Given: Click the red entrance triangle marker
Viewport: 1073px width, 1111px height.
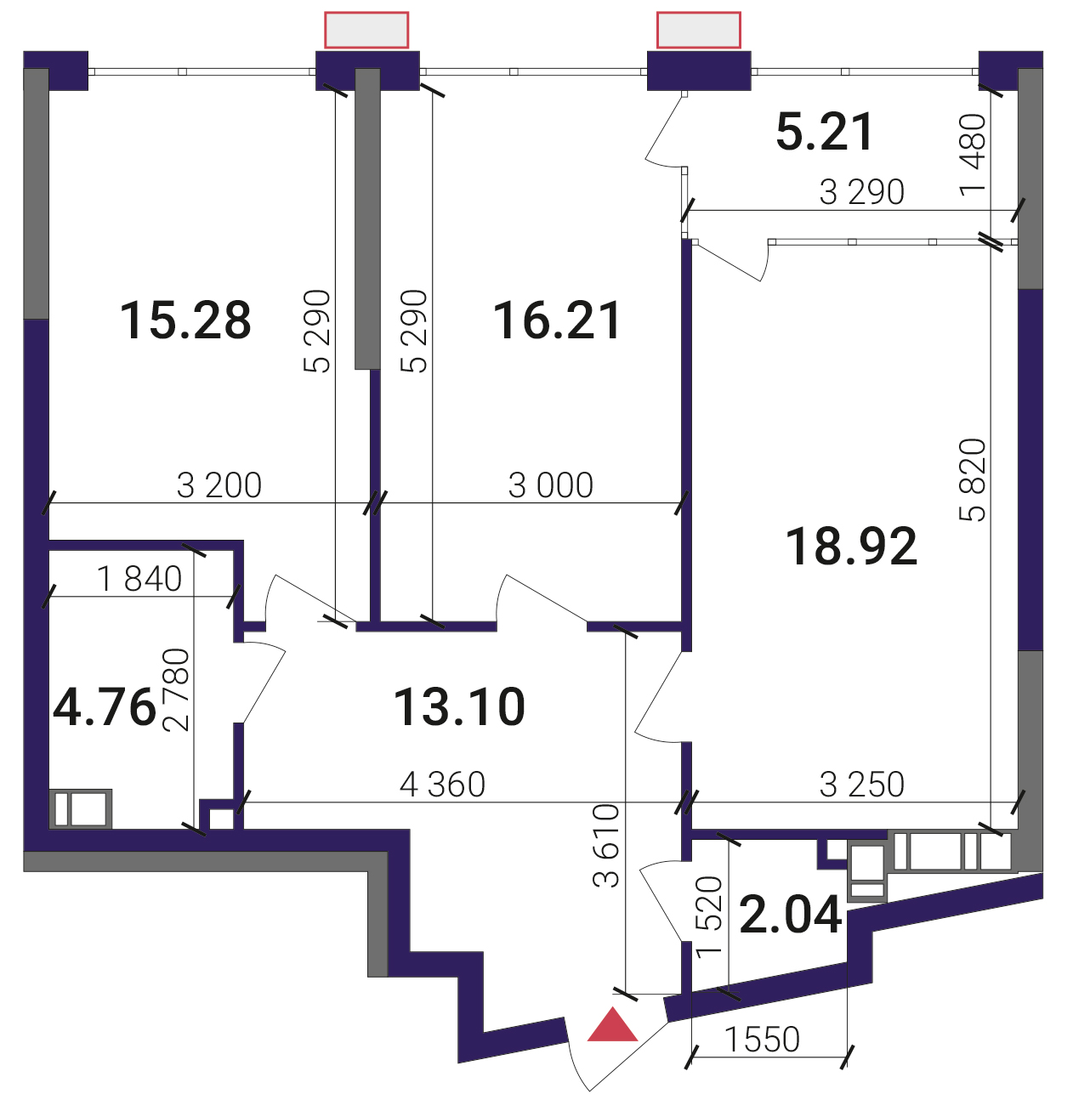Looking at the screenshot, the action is pos(611,1025).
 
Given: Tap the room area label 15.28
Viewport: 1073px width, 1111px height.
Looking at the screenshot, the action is pos(185,320).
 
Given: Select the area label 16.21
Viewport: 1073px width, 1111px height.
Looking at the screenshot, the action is pos(556,320).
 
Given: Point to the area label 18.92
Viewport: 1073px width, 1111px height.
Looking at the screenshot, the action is pos(851,547).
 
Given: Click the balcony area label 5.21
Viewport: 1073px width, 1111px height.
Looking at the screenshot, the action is pos(825,132).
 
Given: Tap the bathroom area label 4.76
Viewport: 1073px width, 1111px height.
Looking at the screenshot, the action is pos(105,707).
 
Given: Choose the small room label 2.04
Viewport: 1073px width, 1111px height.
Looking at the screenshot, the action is pos(791,915).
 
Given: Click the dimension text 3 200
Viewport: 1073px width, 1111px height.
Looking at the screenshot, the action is pos(219,485).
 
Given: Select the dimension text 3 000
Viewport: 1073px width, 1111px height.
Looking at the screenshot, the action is pos(550,485).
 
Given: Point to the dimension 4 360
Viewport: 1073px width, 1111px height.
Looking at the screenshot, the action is pos(443,785).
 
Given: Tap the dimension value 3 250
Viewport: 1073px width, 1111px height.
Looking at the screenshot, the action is pos(861,785).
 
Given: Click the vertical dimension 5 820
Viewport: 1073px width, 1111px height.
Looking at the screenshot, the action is pos(973,479).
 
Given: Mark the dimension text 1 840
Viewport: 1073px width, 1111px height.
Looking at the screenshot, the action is pos(139,579).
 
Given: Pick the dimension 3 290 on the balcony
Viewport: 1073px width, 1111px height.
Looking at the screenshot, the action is pos(861,192).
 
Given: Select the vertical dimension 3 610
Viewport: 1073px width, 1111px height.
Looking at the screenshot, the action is pos(606,846).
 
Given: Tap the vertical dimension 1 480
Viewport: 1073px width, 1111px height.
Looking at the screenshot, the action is pos(973,155).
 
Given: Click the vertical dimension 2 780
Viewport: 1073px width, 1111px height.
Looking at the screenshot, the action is pos(176,689).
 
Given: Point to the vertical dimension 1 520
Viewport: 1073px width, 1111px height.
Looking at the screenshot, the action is pos(710,915).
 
